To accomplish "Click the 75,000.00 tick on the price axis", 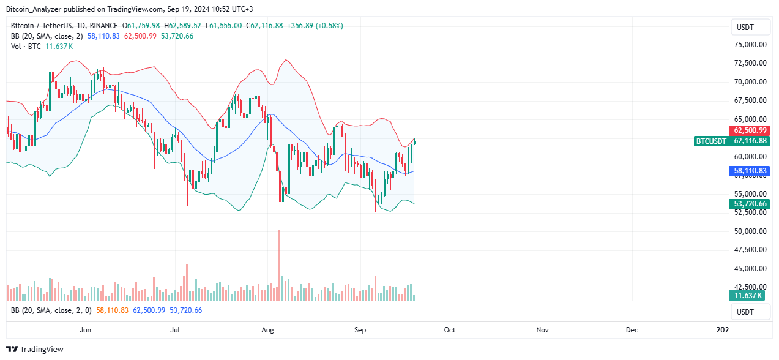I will pyautogui.click(x=750, y=44).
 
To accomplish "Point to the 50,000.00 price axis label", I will pyautogui.click(x=750, y=231).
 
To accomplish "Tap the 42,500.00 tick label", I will pyautogui.click(x=750, y=287).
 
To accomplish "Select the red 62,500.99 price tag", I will pyautogui.click(x=750, y=130).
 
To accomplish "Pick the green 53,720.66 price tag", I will pyautogui.click(x=750, y=204).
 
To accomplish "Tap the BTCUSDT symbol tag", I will pyautogui.click(x=711, y=141).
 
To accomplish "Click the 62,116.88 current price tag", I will pyautogui.click(x=750, y=141).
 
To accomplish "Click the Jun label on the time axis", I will pyautogui.click(x=86, y=330).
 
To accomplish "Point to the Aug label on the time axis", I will pyautogui.click(x=267, y=330).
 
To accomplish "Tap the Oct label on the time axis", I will pyautogui.click(x=450, y=330).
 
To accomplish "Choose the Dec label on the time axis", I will pyautogui.click(x=632, y=330).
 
